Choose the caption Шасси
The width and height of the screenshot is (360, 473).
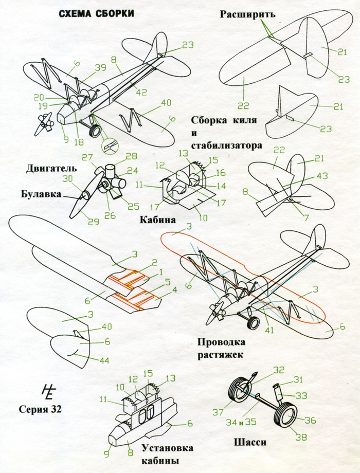pyautogui.click(x=253, y=442)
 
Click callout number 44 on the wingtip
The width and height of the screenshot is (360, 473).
pyautogui.click(x=104, y=360)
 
